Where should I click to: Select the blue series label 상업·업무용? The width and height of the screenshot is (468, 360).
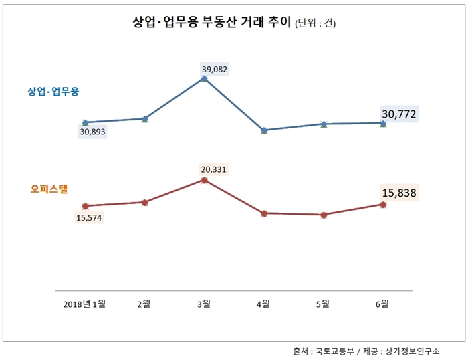53,91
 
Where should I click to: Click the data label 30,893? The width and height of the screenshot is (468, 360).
92,132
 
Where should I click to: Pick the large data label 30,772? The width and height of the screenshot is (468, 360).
399,114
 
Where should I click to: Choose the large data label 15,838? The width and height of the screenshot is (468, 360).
399,193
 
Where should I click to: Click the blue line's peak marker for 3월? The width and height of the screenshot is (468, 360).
204,78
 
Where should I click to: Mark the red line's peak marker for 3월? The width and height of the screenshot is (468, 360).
204,179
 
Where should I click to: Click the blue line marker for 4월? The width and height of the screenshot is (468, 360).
264,130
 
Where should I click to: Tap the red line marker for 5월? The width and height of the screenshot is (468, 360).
324,215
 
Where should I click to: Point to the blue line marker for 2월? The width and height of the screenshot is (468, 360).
144,119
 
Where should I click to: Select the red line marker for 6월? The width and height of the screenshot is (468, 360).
383,205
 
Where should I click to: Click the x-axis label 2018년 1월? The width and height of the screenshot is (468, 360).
84,304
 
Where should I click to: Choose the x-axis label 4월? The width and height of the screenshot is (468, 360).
264,304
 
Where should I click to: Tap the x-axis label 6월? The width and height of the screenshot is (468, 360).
383,304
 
